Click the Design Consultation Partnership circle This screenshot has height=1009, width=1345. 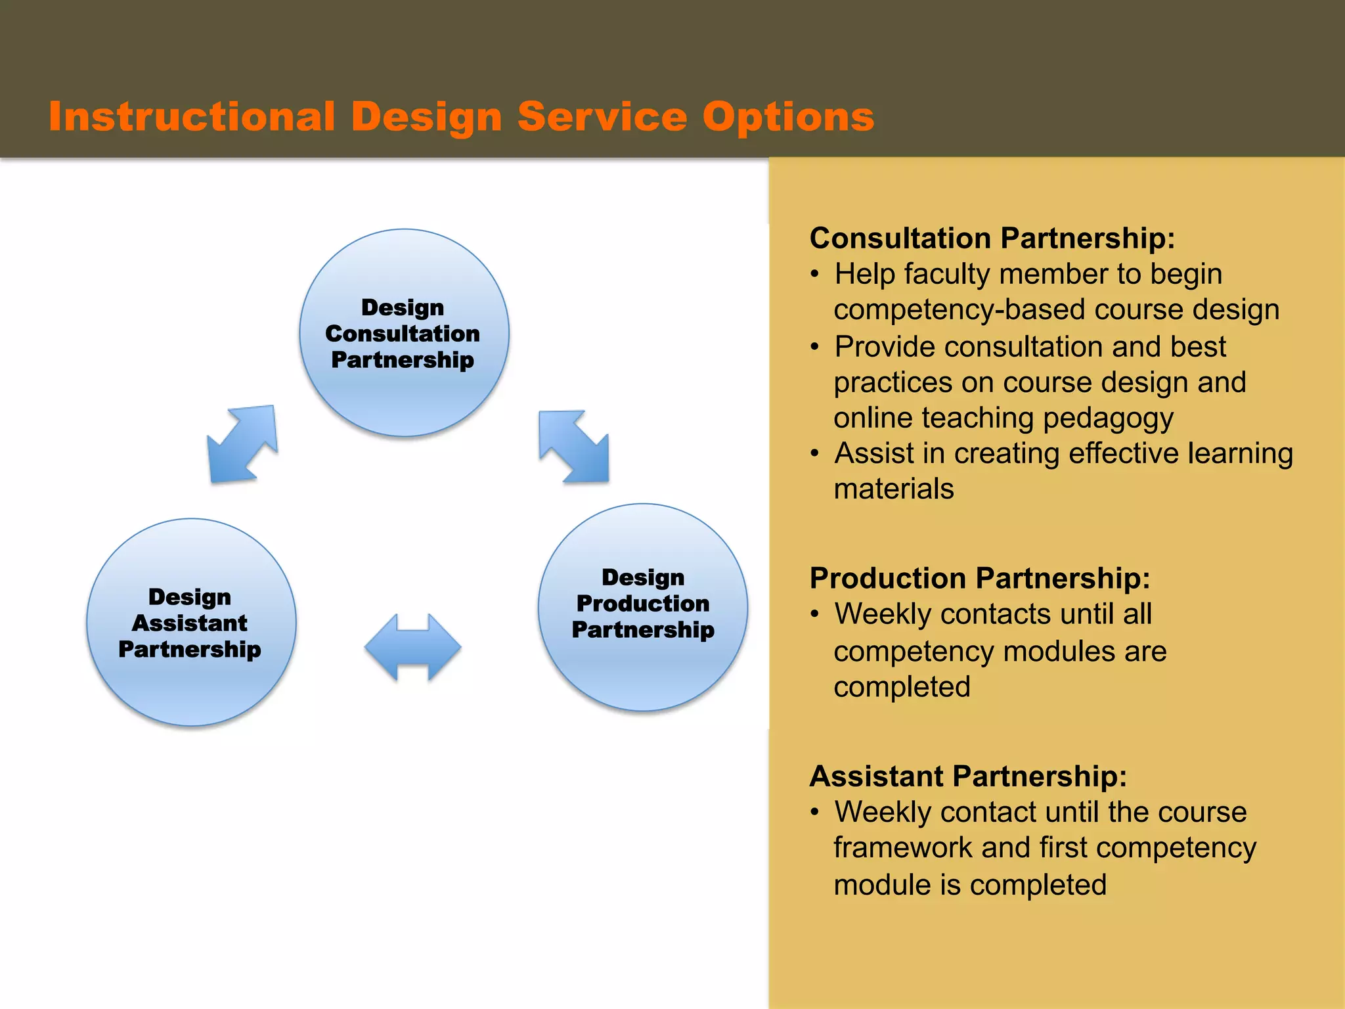(404, 333)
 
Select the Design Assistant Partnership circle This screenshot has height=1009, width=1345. (191, 622)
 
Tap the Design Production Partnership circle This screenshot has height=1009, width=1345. (643, 607)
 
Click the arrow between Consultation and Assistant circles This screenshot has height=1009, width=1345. (242, 445)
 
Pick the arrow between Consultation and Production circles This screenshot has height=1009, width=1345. (574, 446)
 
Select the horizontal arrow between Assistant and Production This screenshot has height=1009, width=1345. (412, 647)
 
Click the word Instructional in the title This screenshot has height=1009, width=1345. (192, 117)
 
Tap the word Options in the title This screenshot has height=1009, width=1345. (788, 117)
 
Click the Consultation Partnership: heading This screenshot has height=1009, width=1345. (992, 238)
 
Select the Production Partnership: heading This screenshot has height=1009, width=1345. (979, 578)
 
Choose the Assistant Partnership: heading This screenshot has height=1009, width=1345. (968, 776)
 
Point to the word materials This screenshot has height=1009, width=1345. (893, 489)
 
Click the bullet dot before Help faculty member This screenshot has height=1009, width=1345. (814, 275)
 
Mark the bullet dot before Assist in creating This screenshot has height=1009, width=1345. (814, 454)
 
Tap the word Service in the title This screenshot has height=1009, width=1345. (602, 117)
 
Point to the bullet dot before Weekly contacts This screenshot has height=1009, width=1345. (814, 615)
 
